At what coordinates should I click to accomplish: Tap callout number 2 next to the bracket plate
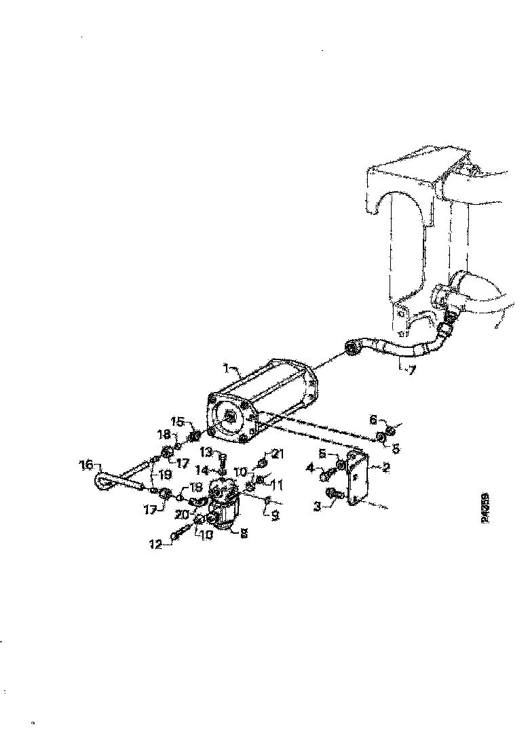[385, 467]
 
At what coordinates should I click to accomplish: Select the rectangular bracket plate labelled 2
[358, 479]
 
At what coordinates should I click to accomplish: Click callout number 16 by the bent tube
[86, 465]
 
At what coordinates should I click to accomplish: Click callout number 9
[275, 516]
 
